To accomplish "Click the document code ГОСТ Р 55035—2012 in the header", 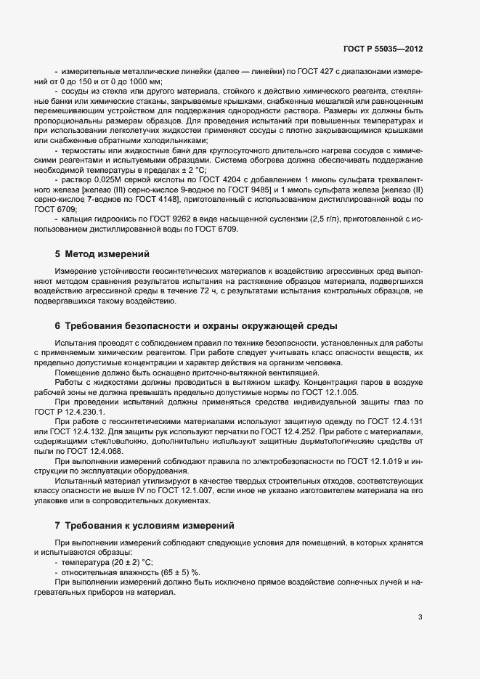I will tap(383, 49).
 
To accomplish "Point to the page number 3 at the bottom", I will tap(420, 617).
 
